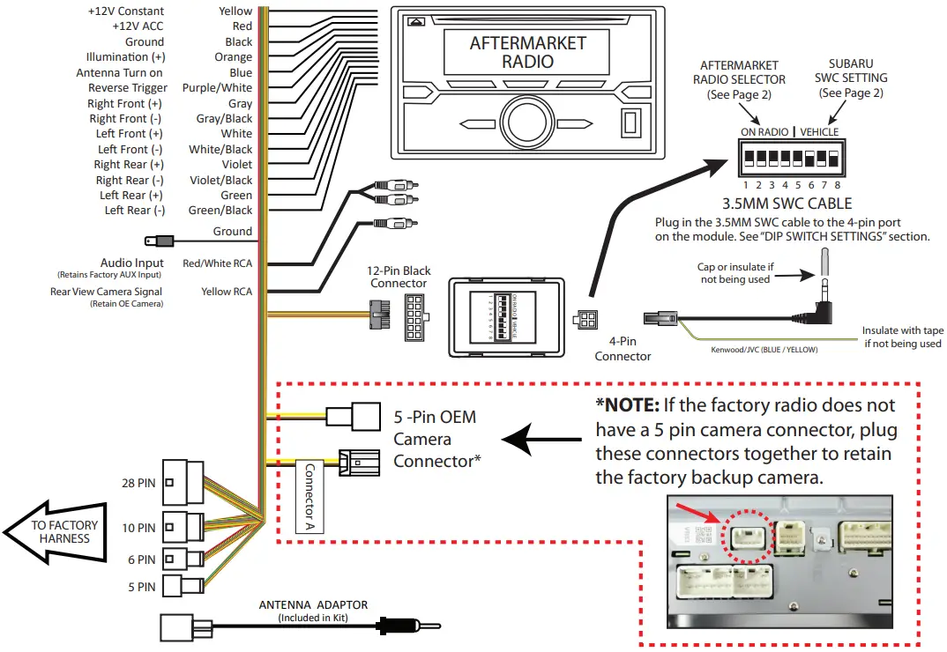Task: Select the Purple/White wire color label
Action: [217, 88]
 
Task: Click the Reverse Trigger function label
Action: [127, 88]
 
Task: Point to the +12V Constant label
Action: [125, 11]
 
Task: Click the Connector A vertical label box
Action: [309, 497]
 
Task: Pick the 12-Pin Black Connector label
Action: [399, 277]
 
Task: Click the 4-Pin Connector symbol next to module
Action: [585, 322]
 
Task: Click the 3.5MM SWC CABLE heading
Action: [787, 202]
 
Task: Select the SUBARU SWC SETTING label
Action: [851, 78]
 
